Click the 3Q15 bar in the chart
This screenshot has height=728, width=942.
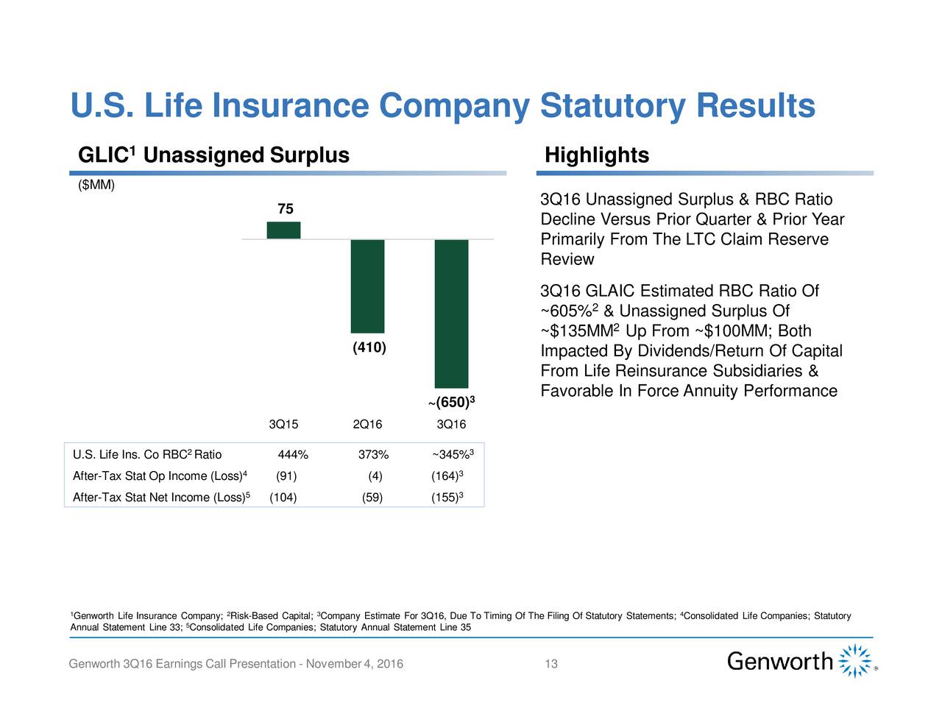283,230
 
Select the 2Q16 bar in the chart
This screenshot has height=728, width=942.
367,286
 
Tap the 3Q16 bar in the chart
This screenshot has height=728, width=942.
451,314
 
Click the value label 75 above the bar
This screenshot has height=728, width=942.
285,210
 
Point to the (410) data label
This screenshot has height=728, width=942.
369,347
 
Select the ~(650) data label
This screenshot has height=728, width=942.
450,403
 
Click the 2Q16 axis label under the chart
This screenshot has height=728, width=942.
367,425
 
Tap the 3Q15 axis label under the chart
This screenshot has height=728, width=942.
283,425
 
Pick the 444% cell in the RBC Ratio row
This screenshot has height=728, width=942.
293,454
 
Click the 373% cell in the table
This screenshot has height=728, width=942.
373,454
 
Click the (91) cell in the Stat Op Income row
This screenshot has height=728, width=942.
286,476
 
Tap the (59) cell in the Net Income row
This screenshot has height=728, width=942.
372,498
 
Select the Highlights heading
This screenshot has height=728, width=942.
596,155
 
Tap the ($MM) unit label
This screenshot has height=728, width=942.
96,185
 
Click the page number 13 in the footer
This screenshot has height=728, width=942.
551,665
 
